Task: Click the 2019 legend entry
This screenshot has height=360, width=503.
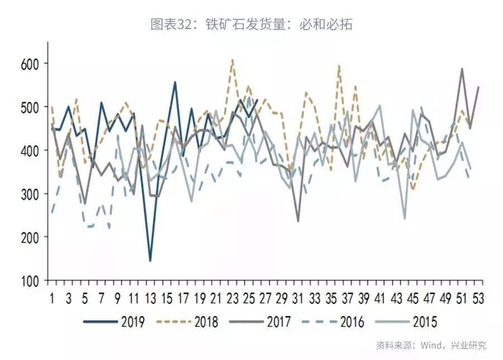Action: point(115,322)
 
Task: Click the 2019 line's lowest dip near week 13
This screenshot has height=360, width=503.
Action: point(150,260)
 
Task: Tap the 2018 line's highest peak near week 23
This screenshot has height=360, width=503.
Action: point(232,59)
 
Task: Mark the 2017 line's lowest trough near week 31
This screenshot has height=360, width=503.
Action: point(298,221)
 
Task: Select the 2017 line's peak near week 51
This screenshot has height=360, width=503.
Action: point(462,69)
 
